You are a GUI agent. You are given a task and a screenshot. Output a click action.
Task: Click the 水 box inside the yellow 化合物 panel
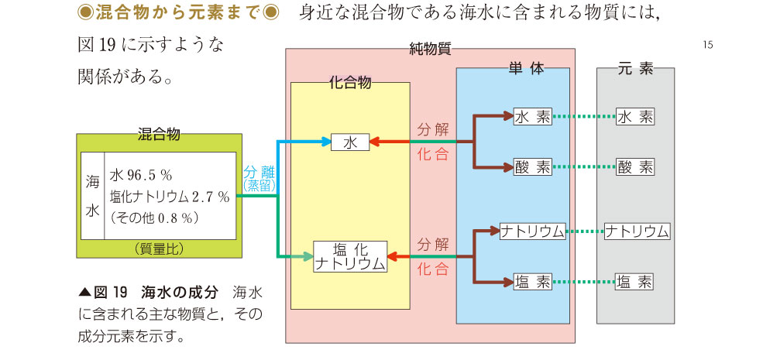pos(350,142)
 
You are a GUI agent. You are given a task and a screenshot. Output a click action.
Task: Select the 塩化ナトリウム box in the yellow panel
pos(350,257)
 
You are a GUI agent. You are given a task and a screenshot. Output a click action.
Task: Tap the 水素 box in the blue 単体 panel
pos(532,118)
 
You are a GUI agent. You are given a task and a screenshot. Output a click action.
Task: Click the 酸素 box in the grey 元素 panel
pos(635,166)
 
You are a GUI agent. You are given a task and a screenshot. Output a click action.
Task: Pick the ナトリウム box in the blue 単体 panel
pos(532,231)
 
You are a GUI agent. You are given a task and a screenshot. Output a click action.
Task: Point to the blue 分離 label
pos(259,173)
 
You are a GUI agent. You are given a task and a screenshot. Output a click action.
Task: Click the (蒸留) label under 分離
pos(259,186)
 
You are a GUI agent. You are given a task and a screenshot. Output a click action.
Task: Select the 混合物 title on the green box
pos(158,135)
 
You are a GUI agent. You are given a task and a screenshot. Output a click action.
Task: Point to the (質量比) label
pos(158,249)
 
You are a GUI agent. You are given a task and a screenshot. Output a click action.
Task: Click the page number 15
pos(707,44)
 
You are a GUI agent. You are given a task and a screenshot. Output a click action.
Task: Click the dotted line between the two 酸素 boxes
pos(584,166)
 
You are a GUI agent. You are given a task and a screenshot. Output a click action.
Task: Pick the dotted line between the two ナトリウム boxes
pos(585,231)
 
